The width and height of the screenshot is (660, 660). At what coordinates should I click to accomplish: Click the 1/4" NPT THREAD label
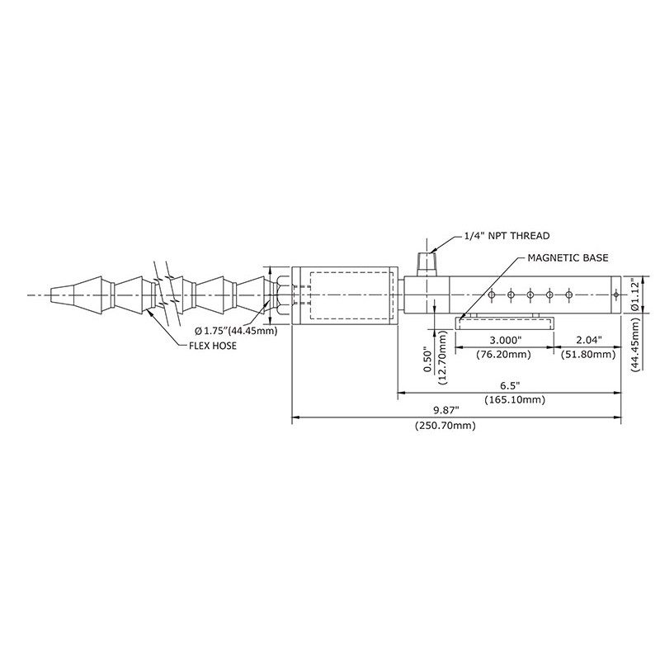(x=507, y=236)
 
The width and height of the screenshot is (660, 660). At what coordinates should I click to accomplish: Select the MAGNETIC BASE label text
(x=568, y=257)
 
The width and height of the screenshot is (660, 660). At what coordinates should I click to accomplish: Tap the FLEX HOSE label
(x=213, y=346)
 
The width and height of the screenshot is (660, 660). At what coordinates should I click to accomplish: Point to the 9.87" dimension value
(x=446, y=409)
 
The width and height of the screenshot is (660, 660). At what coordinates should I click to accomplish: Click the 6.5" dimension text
(x=510, y=385)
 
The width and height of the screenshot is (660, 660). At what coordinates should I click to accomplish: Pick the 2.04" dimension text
(x=589, y=340)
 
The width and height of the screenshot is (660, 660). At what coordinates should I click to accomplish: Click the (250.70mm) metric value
(x=445, y=426)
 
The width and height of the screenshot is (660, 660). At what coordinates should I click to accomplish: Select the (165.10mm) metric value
(x=515, y=399)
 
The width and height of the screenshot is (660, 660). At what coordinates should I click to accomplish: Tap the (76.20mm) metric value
(x=503, y=355)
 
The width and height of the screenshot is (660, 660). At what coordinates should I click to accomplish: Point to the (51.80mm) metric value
(x=588, y=355)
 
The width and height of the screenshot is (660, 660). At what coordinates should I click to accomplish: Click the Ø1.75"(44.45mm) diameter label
(x=236, y=331)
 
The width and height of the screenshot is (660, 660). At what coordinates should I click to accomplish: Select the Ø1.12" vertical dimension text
(x=635, y=295)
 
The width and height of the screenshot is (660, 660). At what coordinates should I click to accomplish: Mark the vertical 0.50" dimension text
(x=428, y=360)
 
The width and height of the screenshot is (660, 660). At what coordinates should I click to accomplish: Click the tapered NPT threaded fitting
(x=427, y=264)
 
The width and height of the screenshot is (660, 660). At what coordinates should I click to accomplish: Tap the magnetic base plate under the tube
(x=505, y=324)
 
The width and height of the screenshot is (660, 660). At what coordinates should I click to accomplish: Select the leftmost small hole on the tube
(x=491, y=295)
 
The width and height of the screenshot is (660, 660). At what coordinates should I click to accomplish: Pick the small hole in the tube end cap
(x=615, y=295)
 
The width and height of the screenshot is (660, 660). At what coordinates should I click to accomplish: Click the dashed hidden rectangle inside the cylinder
(x=351, y=295)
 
